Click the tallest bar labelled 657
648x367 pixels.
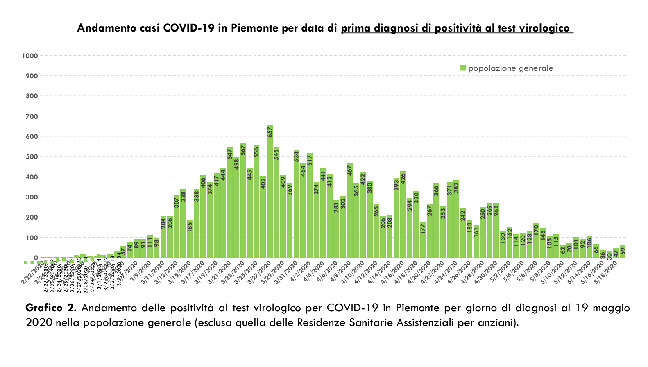tap(270, 193)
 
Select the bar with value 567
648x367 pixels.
tap(243, 201)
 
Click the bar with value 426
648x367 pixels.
tap(403, 215)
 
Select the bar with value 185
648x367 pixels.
tap(190, 240)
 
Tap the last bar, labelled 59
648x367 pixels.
tap(623, 252)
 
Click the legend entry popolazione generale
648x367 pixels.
tap(510, 68)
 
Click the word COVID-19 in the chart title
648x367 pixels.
tap(189, 28)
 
